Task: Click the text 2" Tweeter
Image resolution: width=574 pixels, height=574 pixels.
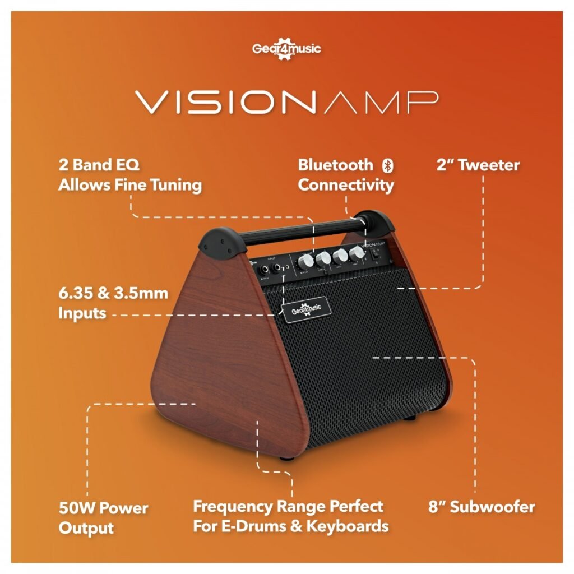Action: pyautogui.click(x=478, y=165)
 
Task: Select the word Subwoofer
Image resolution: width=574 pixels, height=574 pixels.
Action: pyautogui.click(x=492, y=508)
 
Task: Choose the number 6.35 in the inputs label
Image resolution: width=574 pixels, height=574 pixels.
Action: pyautogui.click(x=78, y=293)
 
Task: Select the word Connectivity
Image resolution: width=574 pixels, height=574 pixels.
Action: pyautogui.click(x=346, y=185)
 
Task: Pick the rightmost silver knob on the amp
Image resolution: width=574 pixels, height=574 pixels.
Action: pyautogui.click(x=357, y=255)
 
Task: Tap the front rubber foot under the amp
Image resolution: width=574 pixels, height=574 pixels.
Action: pyautogui.click(x=287, y=458)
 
